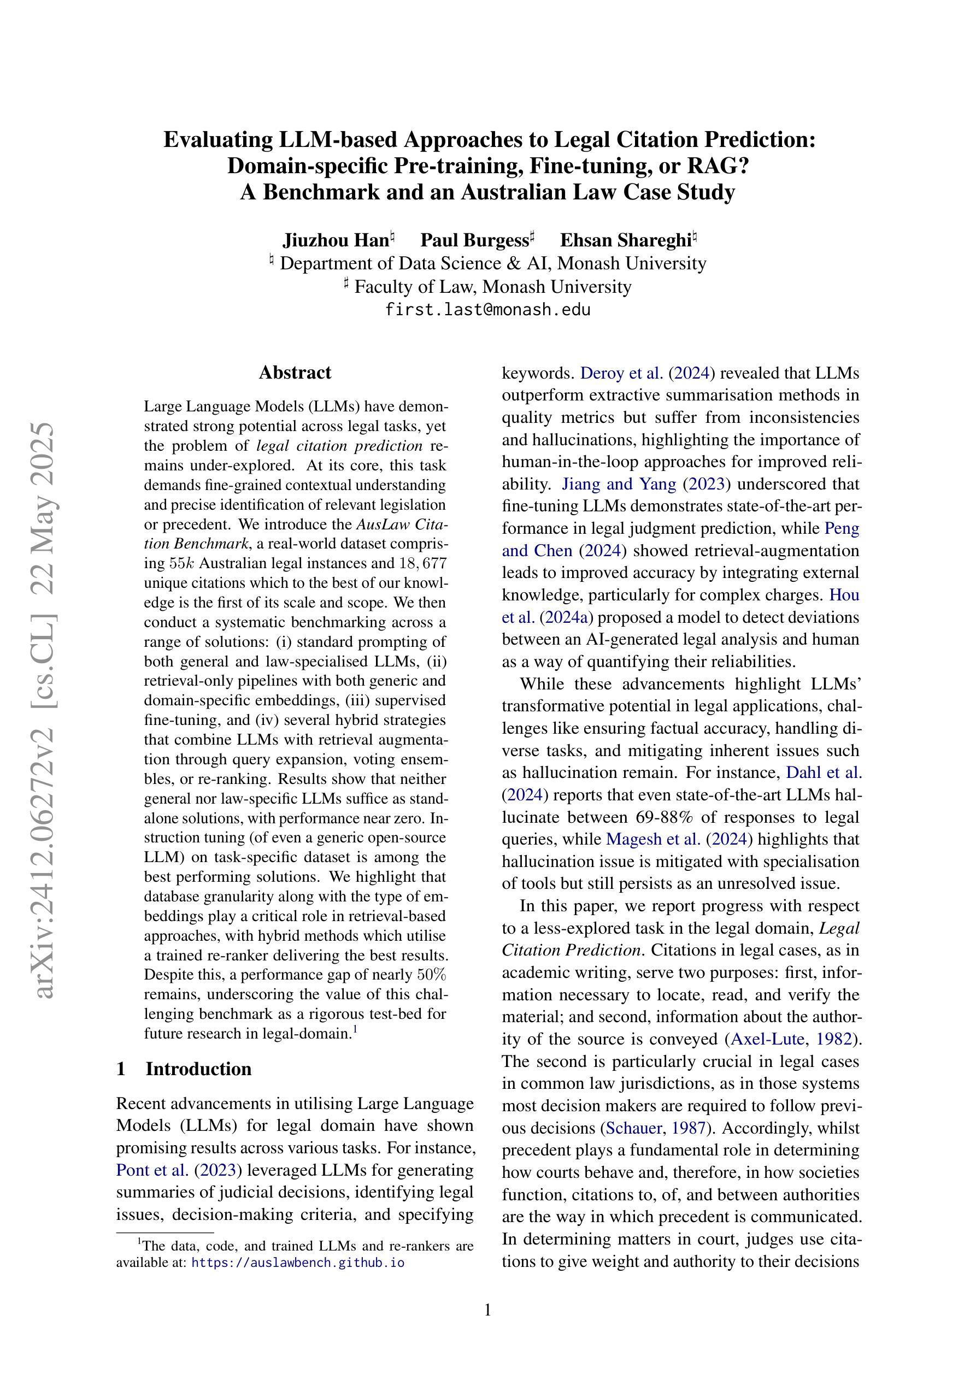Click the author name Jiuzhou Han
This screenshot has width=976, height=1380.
click(x=336, y=240)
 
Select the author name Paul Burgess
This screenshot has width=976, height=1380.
click(x=474, y=240)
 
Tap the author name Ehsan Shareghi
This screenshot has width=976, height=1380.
click(x=625, y=240)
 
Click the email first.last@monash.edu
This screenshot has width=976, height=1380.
click(x=487, y=310)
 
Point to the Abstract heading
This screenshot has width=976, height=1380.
click(x=295, y=373)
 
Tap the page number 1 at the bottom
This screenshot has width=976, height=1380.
click(x=487, y=1310)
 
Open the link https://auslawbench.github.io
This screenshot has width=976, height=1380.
click(x=298, y=1262)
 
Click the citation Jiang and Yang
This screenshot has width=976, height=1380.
click(x=619, y=484)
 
